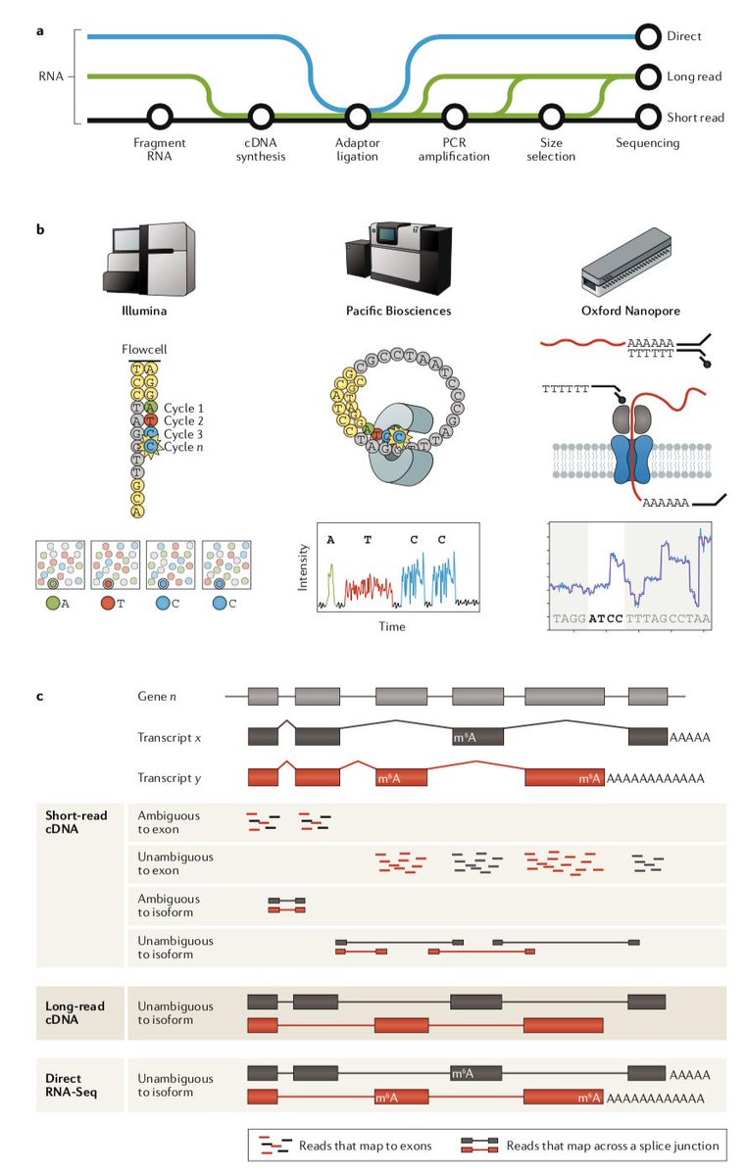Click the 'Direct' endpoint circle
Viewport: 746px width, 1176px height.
click(x=648, y=37)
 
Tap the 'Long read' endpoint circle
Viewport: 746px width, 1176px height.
click(x=648, y=75)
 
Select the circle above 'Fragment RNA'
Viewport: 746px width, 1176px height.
click(x=160, y=119)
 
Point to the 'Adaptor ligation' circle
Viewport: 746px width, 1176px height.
click(x=356, y=119)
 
